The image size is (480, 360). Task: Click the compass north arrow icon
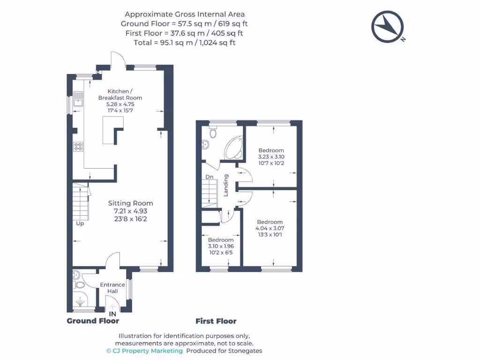click(388, 26)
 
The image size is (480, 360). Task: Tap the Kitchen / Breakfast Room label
click(120, 94)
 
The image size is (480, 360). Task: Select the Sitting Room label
click(131, 203)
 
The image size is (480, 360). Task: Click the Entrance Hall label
click(112, 288)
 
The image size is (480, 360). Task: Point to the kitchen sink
click(78, 99)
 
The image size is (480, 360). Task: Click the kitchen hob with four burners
click(78, 147)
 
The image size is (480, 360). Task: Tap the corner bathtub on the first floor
click(233, 148)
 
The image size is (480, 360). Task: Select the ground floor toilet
click(79, 284)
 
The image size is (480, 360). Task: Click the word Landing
click(226, 185)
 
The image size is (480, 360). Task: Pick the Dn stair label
click(210, 177)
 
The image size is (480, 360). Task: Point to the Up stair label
click(80, 224)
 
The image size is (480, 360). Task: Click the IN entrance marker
click(112, 314)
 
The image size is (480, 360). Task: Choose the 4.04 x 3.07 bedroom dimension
click(270, 228)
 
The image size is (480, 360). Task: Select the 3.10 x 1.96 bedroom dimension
click(221, 246)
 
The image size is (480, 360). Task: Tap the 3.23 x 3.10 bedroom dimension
click(271, 157)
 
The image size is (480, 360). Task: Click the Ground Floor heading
click(93, 321)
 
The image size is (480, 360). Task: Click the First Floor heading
click(216, 321)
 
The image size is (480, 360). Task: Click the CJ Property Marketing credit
click(144, 351)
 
